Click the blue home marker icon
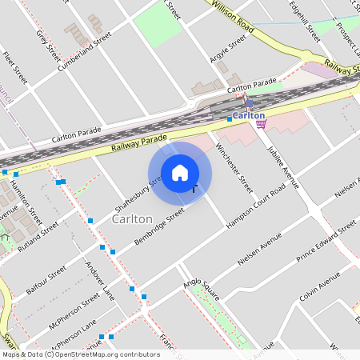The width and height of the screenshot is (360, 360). pyautogui.click(x=180, y=173)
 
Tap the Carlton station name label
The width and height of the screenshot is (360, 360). pyautogui.click(x=249, y=114)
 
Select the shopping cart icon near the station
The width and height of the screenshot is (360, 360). pyautogui.click(x=260, y=123)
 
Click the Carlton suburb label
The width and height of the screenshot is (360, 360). pyautogui.click(x=132, y=218)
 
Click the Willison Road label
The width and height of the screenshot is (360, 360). pyautogui.click(x=234, y=17)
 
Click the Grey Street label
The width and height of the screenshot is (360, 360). pyautogui.click(x=48, y=46)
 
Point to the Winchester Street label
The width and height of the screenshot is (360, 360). pyautogui.click(x=241, y=169)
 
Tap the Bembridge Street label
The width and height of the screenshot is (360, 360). pyautogui.click(x=159, y=227)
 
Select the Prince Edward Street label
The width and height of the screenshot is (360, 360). pyautogui.click(x=326, y=242)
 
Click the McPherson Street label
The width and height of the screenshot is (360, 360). pyautogui.click(x=74, y=313)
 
